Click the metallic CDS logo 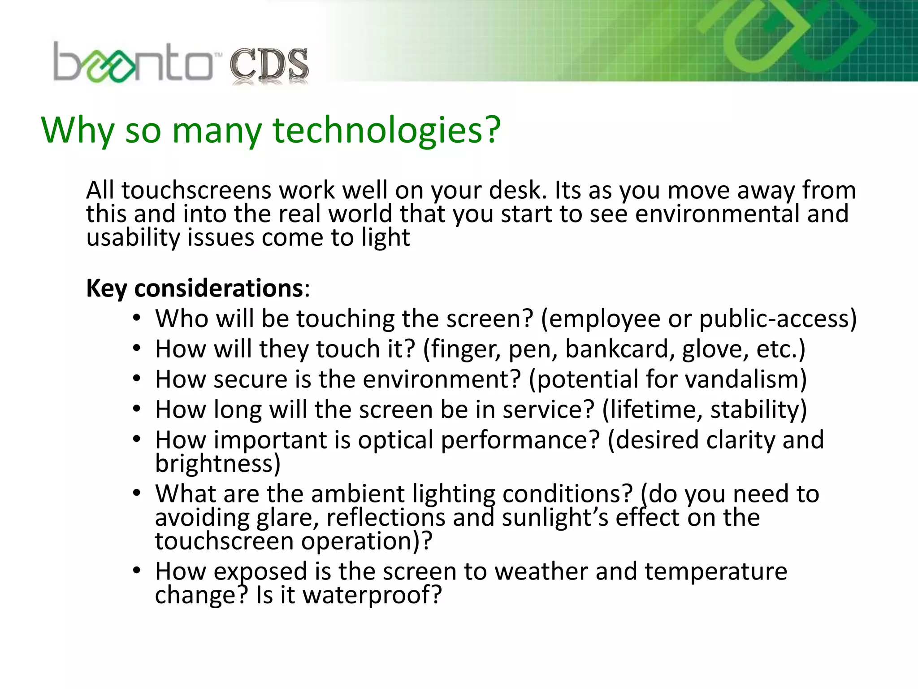point(269,66)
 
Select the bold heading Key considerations point(195,288)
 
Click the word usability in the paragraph point(133,238)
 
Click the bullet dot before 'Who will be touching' point(137,318)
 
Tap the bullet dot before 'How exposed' point(137,571)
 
